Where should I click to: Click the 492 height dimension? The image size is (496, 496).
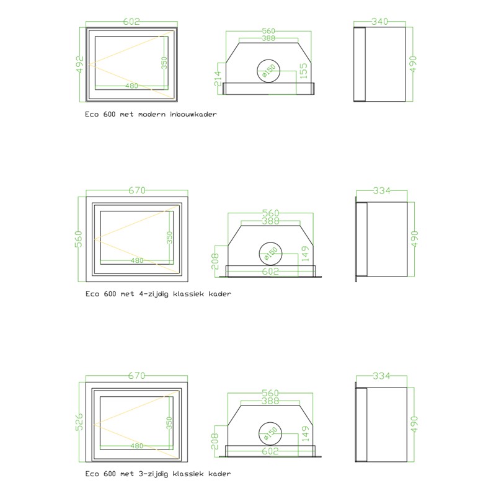pos(80,64)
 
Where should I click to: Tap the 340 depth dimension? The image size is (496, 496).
pos(379,22)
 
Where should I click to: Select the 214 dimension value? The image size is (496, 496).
pos(218,79)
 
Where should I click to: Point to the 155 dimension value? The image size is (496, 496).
pos(303,71)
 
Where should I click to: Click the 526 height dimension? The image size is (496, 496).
pos(79,422)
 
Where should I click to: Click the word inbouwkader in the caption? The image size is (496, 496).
pos(193,114)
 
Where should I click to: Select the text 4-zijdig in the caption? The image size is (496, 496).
pos(154,294)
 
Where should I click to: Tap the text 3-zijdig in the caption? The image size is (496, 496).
pos(153,474)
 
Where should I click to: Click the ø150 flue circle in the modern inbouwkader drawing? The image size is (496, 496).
pos(268,59)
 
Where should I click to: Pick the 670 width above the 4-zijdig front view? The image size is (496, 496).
pos(137,190)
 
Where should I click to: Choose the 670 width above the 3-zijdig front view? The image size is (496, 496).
pos(136,376)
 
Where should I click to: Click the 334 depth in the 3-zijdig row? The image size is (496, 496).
pos(381,376)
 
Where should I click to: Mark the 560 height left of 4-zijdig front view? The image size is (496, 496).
pos(79,239)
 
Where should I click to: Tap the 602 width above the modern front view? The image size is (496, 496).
pos(131,22)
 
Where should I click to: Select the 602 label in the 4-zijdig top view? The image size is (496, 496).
pos(270,272)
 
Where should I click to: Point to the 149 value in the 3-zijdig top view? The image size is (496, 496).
pos(305,433)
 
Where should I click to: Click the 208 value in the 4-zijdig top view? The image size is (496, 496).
pos(215,261)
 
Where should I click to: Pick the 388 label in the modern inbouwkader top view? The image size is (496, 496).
pos(268,38)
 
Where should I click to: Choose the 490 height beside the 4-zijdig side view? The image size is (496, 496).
pos(414,239)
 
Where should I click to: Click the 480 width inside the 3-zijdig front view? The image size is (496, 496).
pos(137,446)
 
